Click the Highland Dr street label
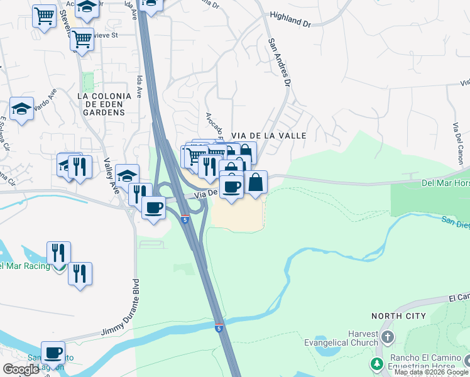pyautogui.click(x=290, y=20)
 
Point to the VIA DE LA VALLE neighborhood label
pyautogui.click(x=268, y=135)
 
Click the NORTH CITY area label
pyautogui.click(x=398, y=315)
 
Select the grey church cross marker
pyautogui.click(x=387, y=337)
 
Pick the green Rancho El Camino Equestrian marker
pyautogui.click(x=377, y=364)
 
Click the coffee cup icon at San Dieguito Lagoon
pyautogui.click(x=53, y=352)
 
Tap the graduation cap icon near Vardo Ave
pyautogui.click(x=21, y=108)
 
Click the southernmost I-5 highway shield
pyautogui.click(x=218, y=328)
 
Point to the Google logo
pyautogui.click(x=21, y=369)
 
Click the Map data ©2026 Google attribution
pyautogui.click(x=431, y=372)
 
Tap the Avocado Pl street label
pyautogui.click(x=214, y=126)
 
